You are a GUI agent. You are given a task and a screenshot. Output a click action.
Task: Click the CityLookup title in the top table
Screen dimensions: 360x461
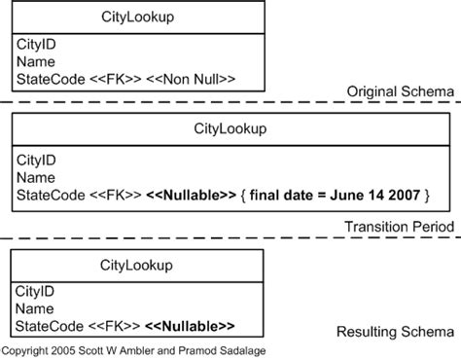pyautogui.click(x=137, y=18)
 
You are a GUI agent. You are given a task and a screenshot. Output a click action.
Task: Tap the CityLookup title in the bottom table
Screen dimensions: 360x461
pyautogui.click(x=137, y=265)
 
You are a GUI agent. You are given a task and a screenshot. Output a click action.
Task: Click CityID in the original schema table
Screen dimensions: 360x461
pyautogui.click(x=36, y=45)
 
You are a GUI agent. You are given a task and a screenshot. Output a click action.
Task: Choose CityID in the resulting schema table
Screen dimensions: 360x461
pyautogui.click(x=36, y=292)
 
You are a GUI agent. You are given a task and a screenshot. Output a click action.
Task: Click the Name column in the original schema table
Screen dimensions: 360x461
pyautogui.click(x=36, y=61)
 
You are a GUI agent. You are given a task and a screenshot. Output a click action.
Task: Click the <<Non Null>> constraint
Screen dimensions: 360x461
pyautogui.click(x=191, y=78)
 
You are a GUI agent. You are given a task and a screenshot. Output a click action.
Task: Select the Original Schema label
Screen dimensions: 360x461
pyautogui.click(x=401, y=91)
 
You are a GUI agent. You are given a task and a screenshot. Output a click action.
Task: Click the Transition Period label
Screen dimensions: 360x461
pyautogui.click(x=399, y=227)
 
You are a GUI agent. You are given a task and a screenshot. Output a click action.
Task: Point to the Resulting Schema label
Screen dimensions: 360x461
pyautogui.click(x=395, y=332)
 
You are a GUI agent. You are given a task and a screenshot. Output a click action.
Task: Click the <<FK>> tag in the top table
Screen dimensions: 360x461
pyautogui.click(x=119, y=78)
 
